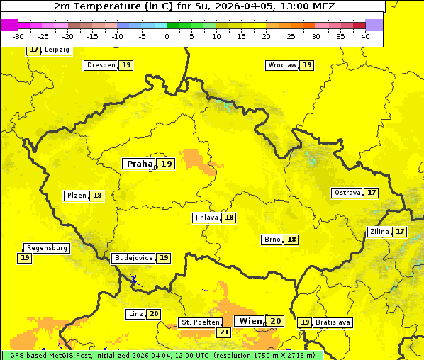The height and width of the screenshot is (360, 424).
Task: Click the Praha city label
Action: coord(139,164)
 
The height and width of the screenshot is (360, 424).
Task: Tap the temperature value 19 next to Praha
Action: coord(166,164)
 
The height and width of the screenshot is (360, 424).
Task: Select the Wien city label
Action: coord(250,321)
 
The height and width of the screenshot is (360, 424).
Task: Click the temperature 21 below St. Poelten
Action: coord(224,332)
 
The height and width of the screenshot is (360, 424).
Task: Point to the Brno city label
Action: coord(272,240)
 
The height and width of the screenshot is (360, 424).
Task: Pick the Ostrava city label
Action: coord(347,193)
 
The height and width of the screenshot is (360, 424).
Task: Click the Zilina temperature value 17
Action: coord(401,232)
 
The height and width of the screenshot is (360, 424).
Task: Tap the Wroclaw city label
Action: coord(281,65)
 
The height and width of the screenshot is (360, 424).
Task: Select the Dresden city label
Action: coord(101,65)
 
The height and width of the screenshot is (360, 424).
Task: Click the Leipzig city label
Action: coord(57,50)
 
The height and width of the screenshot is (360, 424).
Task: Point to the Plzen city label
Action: coord(76,196)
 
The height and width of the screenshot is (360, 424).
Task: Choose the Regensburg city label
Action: coord(47,248)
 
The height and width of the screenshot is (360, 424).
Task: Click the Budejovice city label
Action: coord(133,258)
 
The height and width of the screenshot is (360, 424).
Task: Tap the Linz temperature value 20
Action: coord(154,314)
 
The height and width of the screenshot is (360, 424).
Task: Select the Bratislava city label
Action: coord(333,322)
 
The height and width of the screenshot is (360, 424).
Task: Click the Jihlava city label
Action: coord(206,218)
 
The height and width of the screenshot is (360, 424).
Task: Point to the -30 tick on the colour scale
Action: coord(18,36)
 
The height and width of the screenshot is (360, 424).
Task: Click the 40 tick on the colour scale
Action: coord(365,36)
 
